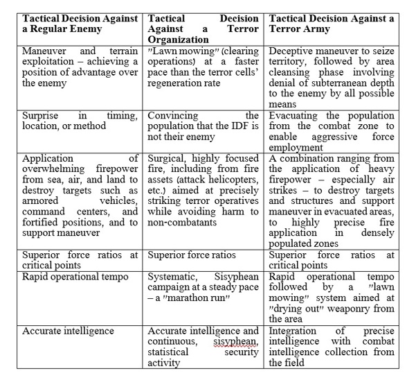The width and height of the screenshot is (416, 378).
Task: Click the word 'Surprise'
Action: click(42, 115)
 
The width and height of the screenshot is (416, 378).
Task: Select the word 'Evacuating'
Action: click(296, 115)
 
